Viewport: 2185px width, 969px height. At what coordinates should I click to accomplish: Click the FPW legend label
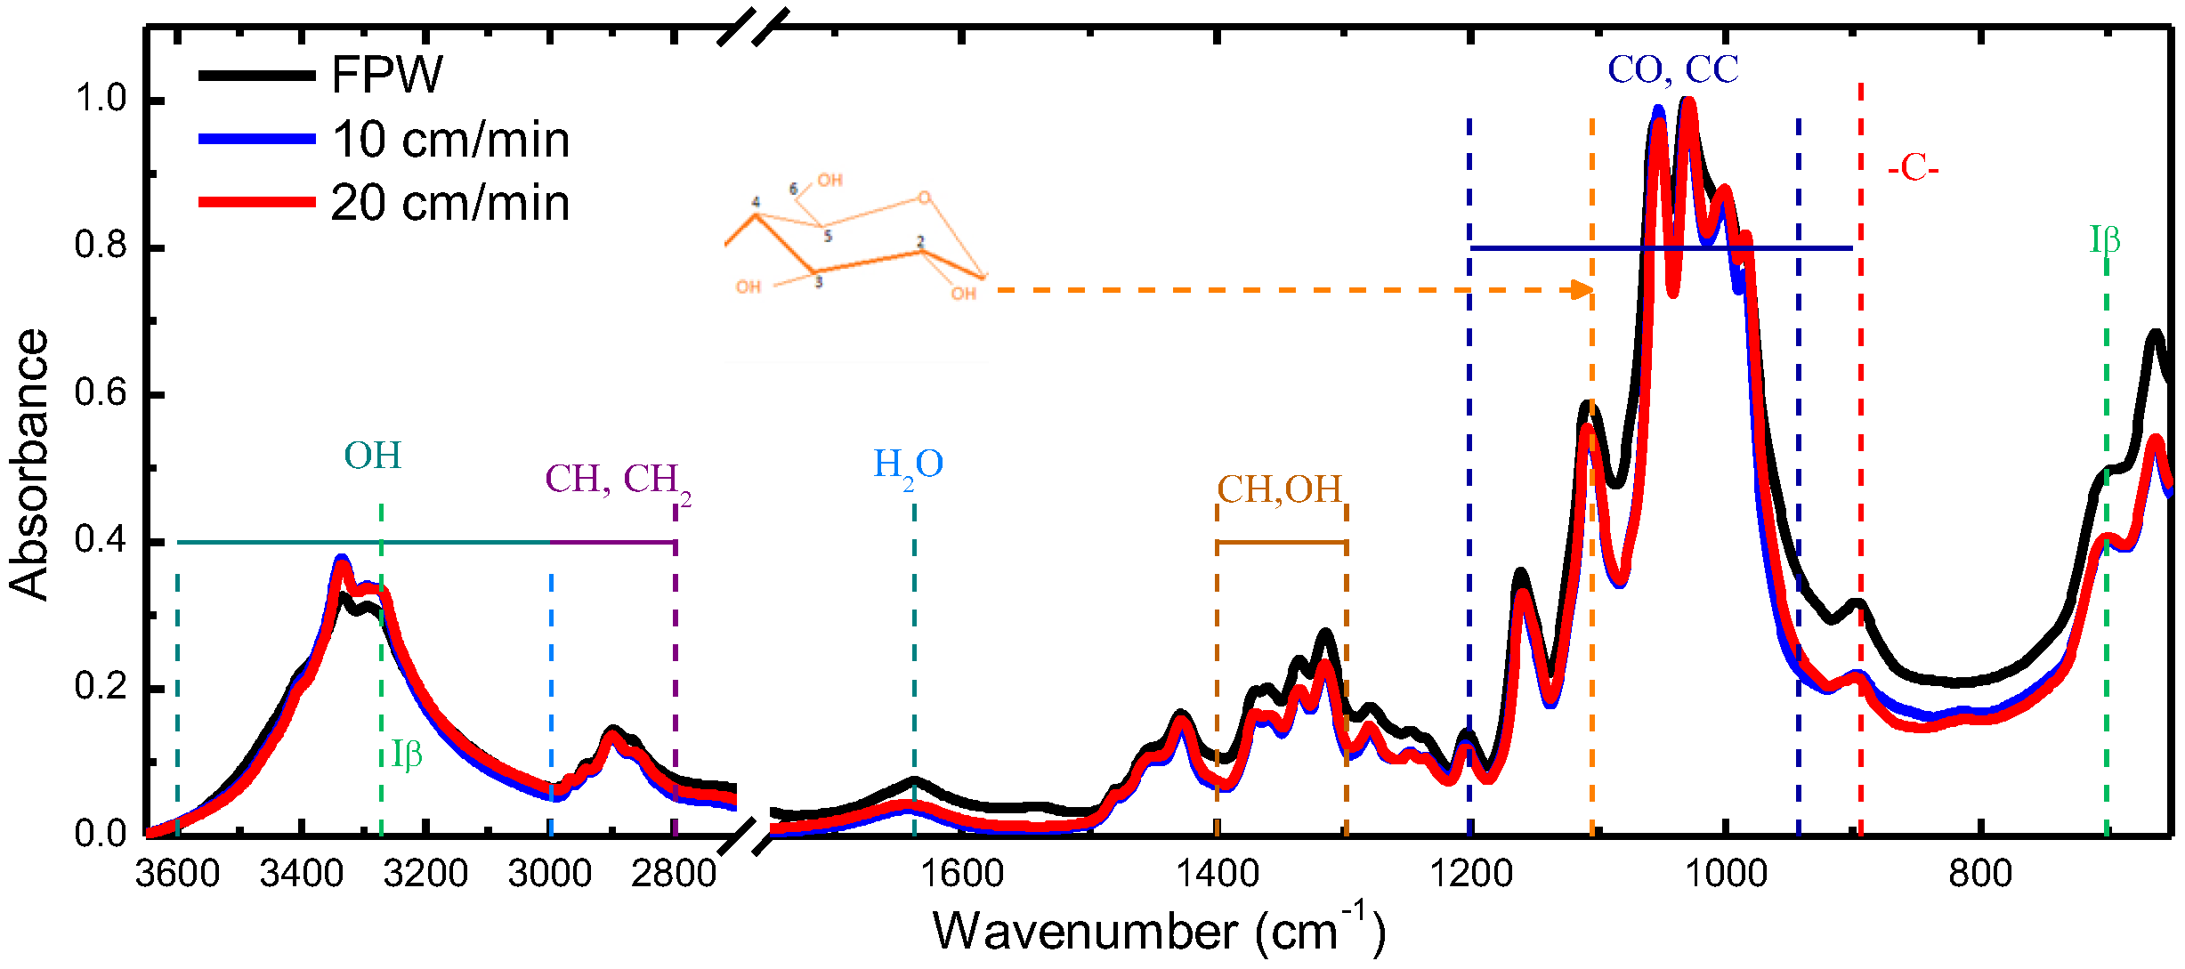[x=386, y=75]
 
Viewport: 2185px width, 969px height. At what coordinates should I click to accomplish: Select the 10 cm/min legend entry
[x=450, y=141]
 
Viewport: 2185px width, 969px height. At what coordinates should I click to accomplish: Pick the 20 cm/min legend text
[x=450, y=204]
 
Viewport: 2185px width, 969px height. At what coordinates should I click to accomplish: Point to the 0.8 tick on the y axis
[x=101, y=246]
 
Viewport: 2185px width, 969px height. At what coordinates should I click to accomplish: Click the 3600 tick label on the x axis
[x=177, y=874]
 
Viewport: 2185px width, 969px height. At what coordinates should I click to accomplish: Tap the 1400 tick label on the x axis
[x=1217, y=874]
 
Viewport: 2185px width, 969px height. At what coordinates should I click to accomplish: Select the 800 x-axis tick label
[x=1979, y=874]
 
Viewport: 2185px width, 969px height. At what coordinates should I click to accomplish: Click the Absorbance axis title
[x=28, y=464]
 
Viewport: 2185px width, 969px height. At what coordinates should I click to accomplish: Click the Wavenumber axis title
[x=1158, y=931]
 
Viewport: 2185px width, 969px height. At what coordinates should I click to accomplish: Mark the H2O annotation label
[x=908, y=465]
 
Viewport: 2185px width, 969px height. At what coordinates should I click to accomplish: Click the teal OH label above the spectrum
[x=373, y=456]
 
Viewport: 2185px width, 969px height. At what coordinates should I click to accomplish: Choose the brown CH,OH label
[x=1279, y=489]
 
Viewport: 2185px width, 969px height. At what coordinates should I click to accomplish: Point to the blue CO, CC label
[x=1672, y=70]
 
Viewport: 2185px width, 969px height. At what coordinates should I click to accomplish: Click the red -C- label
[x=1913, y=167]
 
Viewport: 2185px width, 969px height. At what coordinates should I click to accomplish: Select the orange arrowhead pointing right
[x=1582, y=290]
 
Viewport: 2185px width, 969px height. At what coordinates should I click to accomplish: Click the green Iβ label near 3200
[x=407, y=755]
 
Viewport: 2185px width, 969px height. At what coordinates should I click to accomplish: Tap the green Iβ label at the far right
[x=2105, y=240]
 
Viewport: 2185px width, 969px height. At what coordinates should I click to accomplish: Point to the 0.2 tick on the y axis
[x=101, y=687]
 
